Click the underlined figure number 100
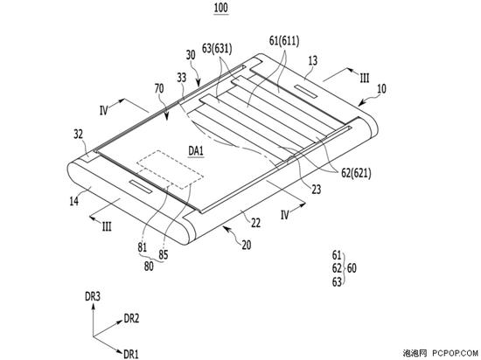pyautogui.click(x=221, y=8)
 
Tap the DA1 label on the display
pyautogui.click(x=196, y=151)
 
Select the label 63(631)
pyautogui.click(x=217, y=49)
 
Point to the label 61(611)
pyautogui.click(x=284, y=41)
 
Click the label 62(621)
pyautogui.click(x=356, y=174)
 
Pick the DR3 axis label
pyautogui.click(x=93, y=296)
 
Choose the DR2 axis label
pyautogui.click(x=131, y=319)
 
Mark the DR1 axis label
pyautogui.click(x=131, y=355)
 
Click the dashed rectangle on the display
pyautogui.click(x=170, y=170)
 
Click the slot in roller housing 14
pyautogui.click(x=141, y=187)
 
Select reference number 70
pyautogui.click(x=159, y=89)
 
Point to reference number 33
pyautogui.click(x=182, y=78)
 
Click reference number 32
pyautogui.click(x=79, y=135)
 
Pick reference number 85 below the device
pyautogui.click(x=164, y=255)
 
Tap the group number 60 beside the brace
pyautogui.click(x=352, y=268)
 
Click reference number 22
pyautogui.click(x=256, y=223)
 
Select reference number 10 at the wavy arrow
pyautogui.click(x=381, y=89)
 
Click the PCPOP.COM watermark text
pyautogui.click(x=456, y=353)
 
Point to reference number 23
pyautogui.click(x=317, y=190)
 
